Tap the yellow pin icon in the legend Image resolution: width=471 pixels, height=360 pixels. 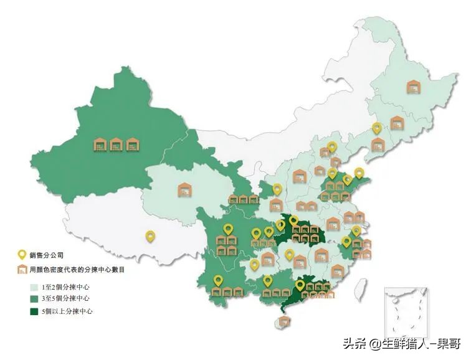pos(22,255)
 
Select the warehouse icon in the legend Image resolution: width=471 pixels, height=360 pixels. pos(22,270)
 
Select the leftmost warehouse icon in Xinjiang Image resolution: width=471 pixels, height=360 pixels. pos(100,145)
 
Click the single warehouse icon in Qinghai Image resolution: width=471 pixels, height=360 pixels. pos(184,189)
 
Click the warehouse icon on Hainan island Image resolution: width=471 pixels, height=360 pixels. pos(284,321)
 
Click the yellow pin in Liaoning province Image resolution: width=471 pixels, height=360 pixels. pos(376,128)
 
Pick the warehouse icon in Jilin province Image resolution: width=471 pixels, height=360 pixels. pos(397,122)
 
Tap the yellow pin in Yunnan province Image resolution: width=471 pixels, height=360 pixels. pos(218,281)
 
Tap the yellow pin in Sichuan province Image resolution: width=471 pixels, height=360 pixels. pos(228,230)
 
